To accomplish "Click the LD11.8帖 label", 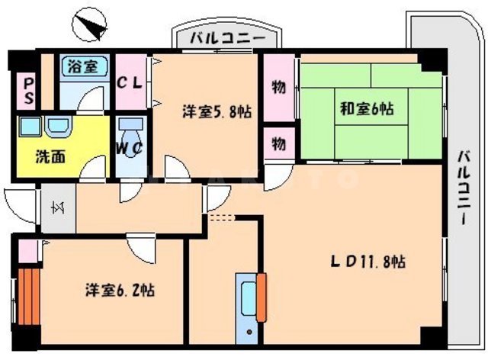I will (367, 262).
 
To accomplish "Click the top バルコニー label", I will (228, 37).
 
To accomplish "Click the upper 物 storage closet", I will (279, 88).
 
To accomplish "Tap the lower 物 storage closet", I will (279, 143).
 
